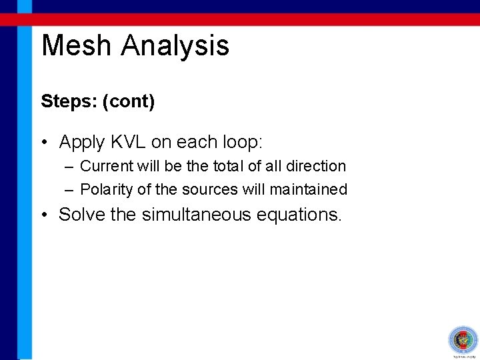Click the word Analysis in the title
click(x=175, y=47)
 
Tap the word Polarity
click(x=107, y=190)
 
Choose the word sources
click(x=210, y=190)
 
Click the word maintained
click(x=309, y=190)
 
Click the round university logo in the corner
click(x=463, y=340)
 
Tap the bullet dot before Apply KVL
click(x=44, y=143)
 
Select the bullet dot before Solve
click(x=44, y=215)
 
